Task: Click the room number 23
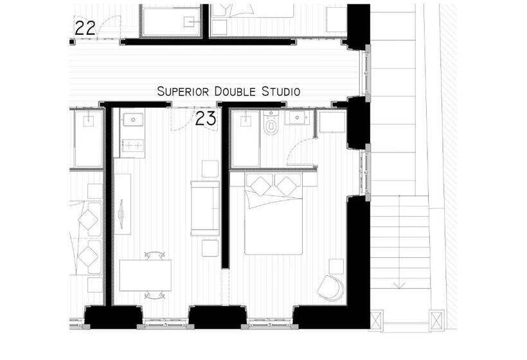pyautogui.click(x=206, y=118)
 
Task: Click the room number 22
pyautogui.click(x=85, y=28)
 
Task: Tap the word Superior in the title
pyautogui.click(x=183, y=91)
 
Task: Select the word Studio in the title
pyautogui.click(x=281, y=91)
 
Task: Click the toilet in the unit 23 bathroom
pyautogui.click(x=271, y=123)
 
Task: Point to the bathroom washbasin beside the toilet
pyautogui.click(x=297, y=118)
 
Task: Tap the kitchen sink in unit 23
pyautogui.click(x=133, y=120)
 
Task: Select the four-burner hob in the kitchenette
pyautogui.click(x=133, y=145)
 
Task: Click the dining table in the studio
pyautogui.click(x=145, y=275)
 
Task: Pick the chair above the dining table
pyautogui.click(x=155, y=255)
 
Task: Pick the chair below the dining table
pyautogui.click(x=155, y=295)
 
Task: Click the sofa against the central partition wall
pyautogui.click(x=205, y=208)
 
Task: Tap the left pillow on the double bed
pyautogui.click(x=260, y=186)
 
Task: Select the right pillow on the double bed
pyautogui.click(x=287, y=186)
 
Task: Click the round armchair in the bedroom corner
pyautogui.click(x=331, y=288)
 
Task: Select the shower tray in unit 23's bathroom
pyautogui.click(x=246, y=139)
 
